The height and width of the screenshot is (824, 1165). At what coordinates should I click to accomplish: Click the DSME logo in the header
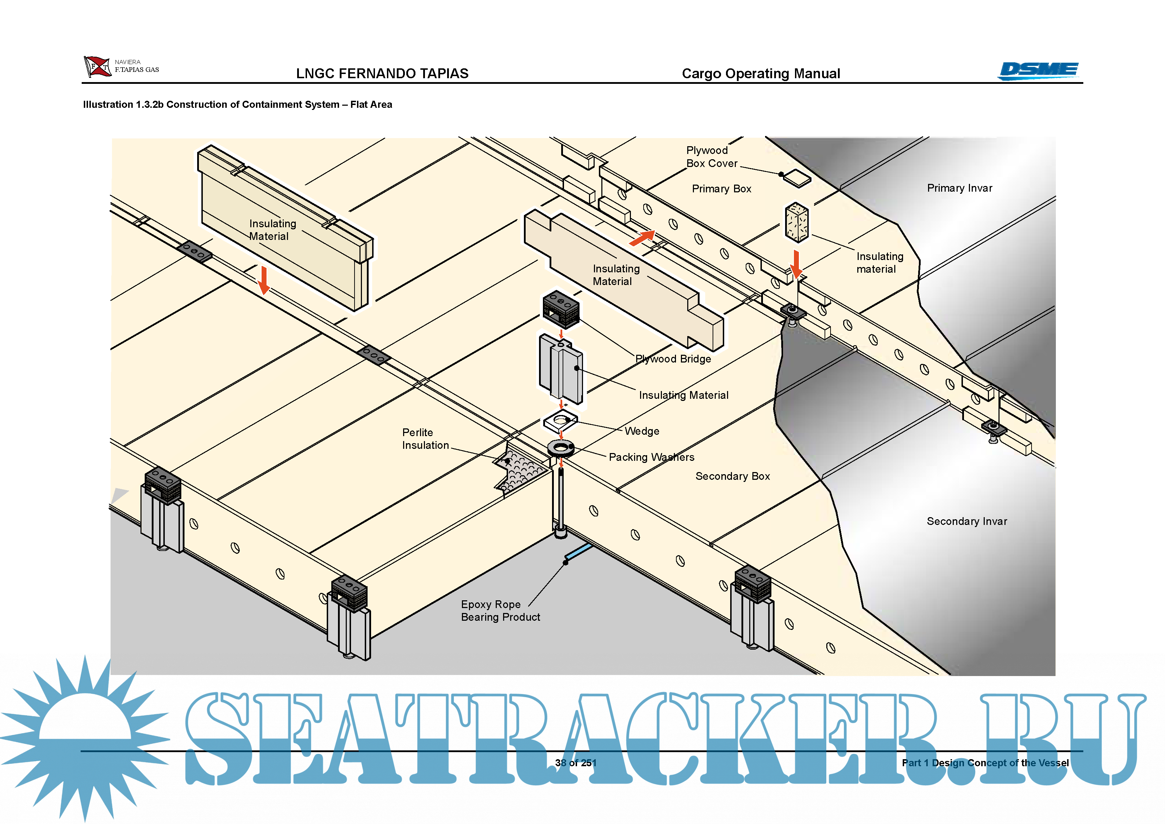point(1038,70)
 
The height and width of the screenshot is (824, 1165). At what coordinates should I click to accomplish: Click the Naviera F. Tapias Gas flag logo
point(97,67)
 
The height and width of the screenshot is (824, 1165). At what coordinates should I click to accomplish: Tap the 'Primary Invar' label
point(959,188)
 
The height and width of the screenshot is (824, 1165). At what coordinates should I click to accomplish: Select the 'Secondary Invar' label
point(966,521)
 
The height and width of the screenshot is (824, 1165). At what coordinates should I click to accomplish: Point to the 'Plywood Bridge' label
point(673,359)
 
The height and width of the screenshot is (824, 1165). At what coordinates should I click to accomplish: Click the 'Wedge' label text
point(641,431)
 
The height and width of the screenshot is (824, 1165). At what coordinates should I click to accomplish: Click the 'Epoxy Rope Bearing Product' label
point(500,611)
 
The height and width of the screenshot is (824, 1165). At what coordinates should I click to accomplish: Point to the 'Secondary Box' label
point(732,476)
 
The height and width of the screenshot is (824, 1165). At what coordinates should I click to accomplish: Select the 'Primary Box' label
point(721,189)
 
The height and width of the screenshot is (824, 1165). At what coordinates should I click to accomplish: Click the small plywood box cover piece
point(797,178)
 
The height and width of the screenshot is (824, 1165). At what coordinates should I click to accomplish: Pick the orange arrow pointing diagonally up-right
point(643,237)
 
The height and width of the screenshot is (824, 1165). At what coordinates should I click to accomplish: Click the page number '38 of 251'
point(575,763)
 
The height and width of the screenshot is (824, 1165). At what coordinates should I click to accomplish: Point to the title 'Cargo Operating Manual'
point(760,74)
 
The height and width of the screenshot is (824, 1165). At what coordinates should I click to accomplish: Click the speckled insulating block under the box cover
point(796,222)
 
